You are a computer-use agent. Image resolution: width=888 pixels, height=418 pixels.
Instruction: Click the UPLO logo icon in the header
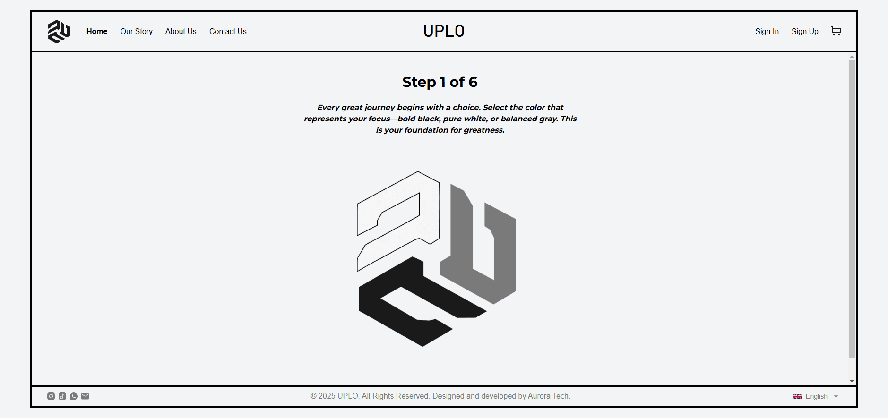pos(59,32)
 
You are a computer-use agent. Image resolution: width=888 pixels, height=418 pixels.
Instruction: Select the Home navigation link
pos(97,31)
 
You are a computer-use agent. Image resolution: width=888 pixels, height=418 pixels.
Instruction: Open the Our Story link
pos(137,31)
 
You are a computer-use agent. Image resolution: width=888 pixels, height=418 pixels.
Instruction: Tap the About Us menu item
pos(181,31)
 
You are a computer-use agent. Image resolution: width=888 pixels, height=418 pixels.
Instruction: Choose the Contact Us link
pos(228,31)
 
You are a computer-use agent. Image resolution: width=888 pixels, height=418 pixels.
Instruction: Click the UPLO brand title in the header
pos(444,31)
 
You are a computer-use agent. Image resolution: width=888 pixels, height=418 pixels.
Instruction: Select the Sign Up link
pos(805,31)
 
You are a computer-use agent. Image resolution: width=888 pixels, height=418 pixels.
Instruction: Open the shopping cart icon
pos(836,31)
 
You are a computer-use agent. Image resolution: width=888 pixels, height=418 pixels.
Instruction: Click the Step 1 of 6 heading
pos(440,82)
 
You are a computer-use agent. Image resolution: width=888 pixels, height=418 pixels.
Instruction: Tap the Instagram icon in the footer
pos(51,396)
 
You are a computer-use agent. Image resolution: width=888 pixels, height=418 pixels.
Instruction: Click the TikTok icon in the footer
pos(62,396)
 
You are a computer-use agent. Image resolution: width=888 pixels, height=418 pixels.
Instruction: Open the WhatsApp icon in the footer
pos(74,396)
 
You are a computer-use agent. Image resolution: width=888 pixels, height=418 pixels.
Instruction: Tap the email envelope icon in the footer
pos(85,396)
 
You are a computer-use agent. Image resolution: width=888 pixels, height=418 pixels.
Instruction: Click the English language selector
pos(815,396)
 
